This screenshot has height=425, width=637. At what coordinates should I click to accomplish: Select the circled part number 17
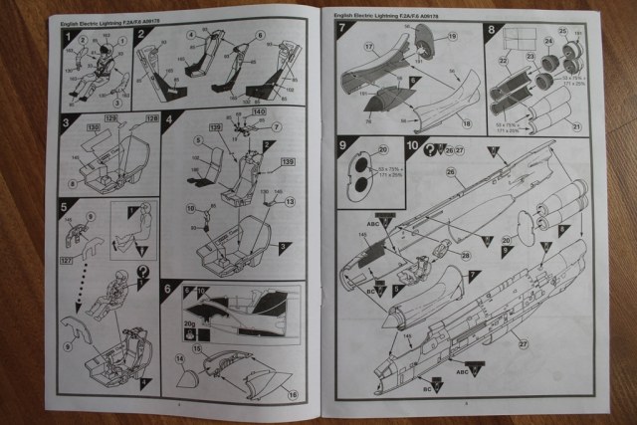(367, 46)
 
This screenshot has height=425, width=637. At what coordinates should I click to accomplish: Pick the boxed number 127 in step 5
(66, 264)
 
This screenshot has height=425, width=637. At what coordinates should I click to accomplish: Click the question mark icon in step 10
(429, 149)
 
